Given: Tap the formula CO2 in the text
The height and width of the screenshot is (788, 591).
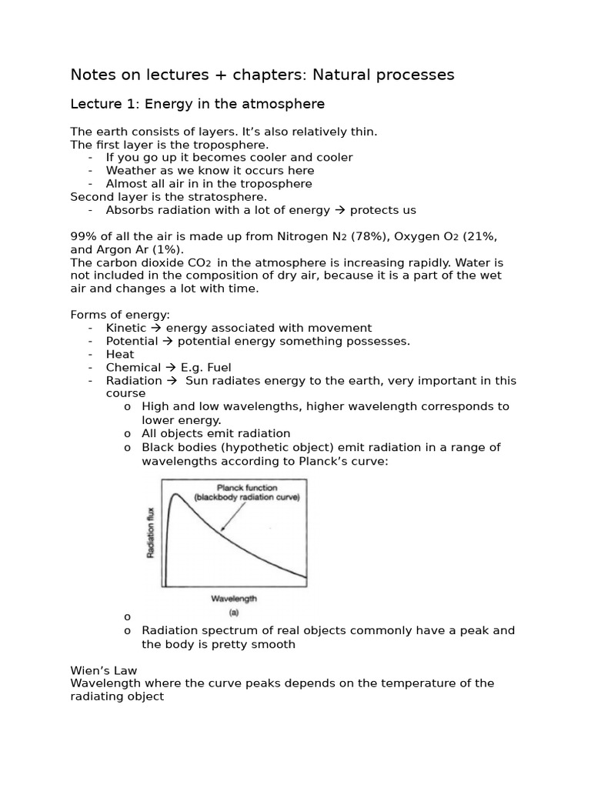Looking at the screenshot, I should [196, 262].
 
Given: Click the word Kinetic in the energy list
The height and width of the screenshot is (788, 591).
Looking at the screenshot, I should [125, 328].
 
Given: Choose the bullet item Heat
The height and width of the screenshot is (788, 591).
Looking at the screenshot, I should [120, 354].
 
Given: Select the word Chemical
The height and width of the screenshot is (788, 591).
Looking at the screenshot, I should [133, 367].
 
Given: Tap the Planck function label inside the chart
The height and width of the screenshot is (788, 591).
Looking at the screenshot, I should [246, 488].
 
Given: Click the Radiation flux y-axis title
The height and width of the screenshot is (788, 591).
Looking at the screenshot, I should [151, 533].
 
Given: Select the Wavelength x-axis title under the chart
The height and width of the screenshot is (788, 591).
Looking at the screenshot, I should [233, 598].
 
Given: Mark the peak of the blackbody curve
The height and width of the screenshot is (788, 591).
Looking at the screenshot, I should [175, 495].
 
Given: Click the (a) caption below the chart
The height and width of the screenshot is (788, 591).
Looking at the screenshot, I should [233, 613].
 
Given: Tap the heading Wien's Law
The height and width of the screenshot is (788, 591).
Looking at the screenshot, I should [103, 670].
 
